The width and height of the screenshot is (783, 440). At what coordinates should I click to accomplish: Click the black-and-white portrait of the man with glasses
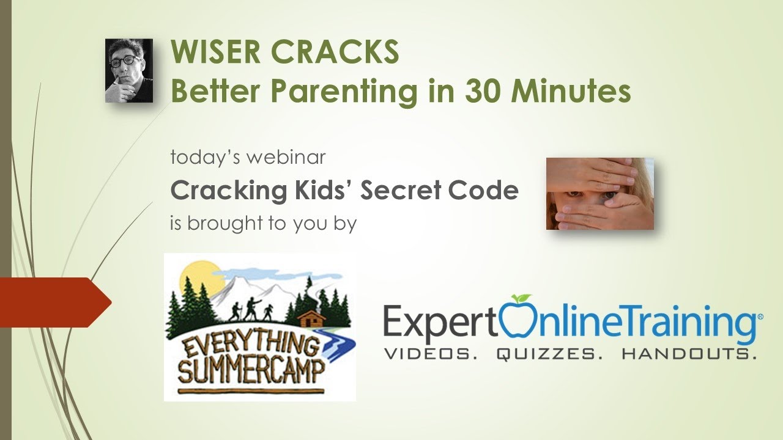pos(128,70)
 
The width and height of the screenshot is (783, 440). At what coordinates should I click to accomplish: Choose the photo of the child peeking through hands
pos(599,194)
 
